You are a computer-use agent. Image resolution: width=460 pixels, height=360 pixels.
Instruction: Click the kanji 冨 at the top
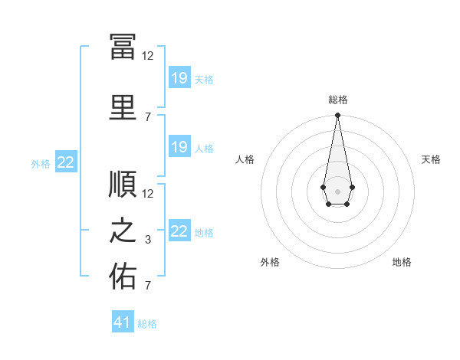point(123,47)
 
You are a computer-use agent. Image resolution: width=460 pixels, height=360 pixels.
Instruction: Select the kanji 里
point(123,107)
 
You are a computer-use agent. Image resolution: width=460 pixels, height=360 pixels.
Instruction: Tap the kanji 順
point(123,184)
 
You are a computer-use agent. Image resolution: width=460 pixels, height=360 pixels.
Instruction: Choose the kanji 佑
point(123,276)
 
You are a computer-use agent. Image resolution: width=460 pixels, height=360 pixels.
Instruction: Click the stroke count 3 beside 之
point(148,240)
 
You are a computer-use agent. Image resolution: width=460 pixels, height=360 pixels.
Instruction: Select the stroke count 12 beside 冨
point(147,56)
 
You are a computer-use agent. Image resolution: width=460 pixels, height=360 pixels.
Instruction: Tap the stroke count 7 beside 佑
point(148,286)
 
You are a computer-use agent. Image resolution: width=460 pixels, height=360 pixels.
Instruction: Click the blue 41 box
point(123,321)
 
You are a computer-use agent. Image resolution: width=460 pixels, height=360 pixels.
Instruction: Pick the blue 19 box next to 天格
point(179,77)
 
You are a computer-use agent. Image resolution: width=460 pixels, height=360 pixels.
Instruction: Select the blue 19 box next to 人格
point(179,146)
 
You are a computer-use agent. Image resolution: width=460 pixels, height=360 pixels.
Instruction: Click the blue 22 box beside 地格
point(179,230)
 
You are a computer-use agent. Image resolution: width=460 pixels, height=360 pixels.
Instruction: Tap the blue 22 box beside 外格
point(66,162)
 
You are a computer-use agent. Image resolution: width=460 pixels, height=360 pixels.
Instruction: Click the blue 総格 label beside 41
point(147,324)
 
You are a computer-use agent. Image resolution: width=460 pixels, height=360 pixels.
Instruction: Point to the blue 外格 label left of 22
point(41,164)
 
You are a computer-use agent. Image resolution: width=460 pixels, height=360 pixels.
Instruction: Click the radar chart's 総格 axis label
point(338,100)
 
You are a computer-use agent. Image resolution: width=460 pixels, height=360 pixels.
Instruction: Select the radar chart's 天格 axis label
point(431,159)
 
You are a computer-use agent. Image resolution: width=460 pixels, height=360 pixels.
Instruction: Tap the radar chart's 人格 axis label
point(245,159)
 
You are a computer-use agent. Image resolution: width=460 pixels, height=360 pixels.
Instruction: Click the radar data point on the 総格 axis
point(337,115)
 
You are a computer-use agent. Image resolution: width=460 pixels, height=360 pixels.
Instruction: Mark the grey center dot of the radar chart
point(337,191)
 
